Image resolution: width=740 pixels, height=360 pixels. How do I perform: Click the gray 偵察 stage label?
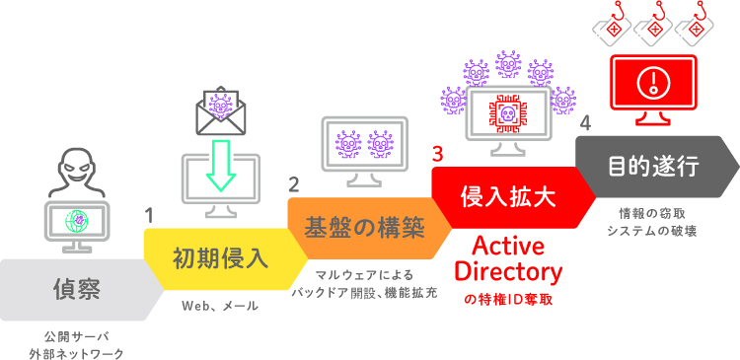click(x=77, y=289)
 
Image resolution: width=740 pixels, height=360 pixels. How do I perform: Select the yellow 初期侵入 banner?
click(x=220, y=258)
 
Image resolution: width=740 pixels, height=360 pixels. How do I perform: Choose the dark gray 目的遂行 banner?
click(x=652, y=165)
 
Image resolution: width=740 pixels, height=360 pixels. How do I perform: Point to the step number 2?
click(x=293, y=183)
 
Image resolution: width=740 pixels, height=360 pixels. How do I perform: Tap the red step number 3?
click(x=437, y=154)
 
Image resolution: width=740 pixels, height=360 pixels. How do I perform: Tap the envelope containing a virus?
click(x=221, y=109)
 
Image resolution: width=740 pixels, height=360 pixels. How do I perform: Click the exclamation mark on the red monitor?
click(x=652, y=81)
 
